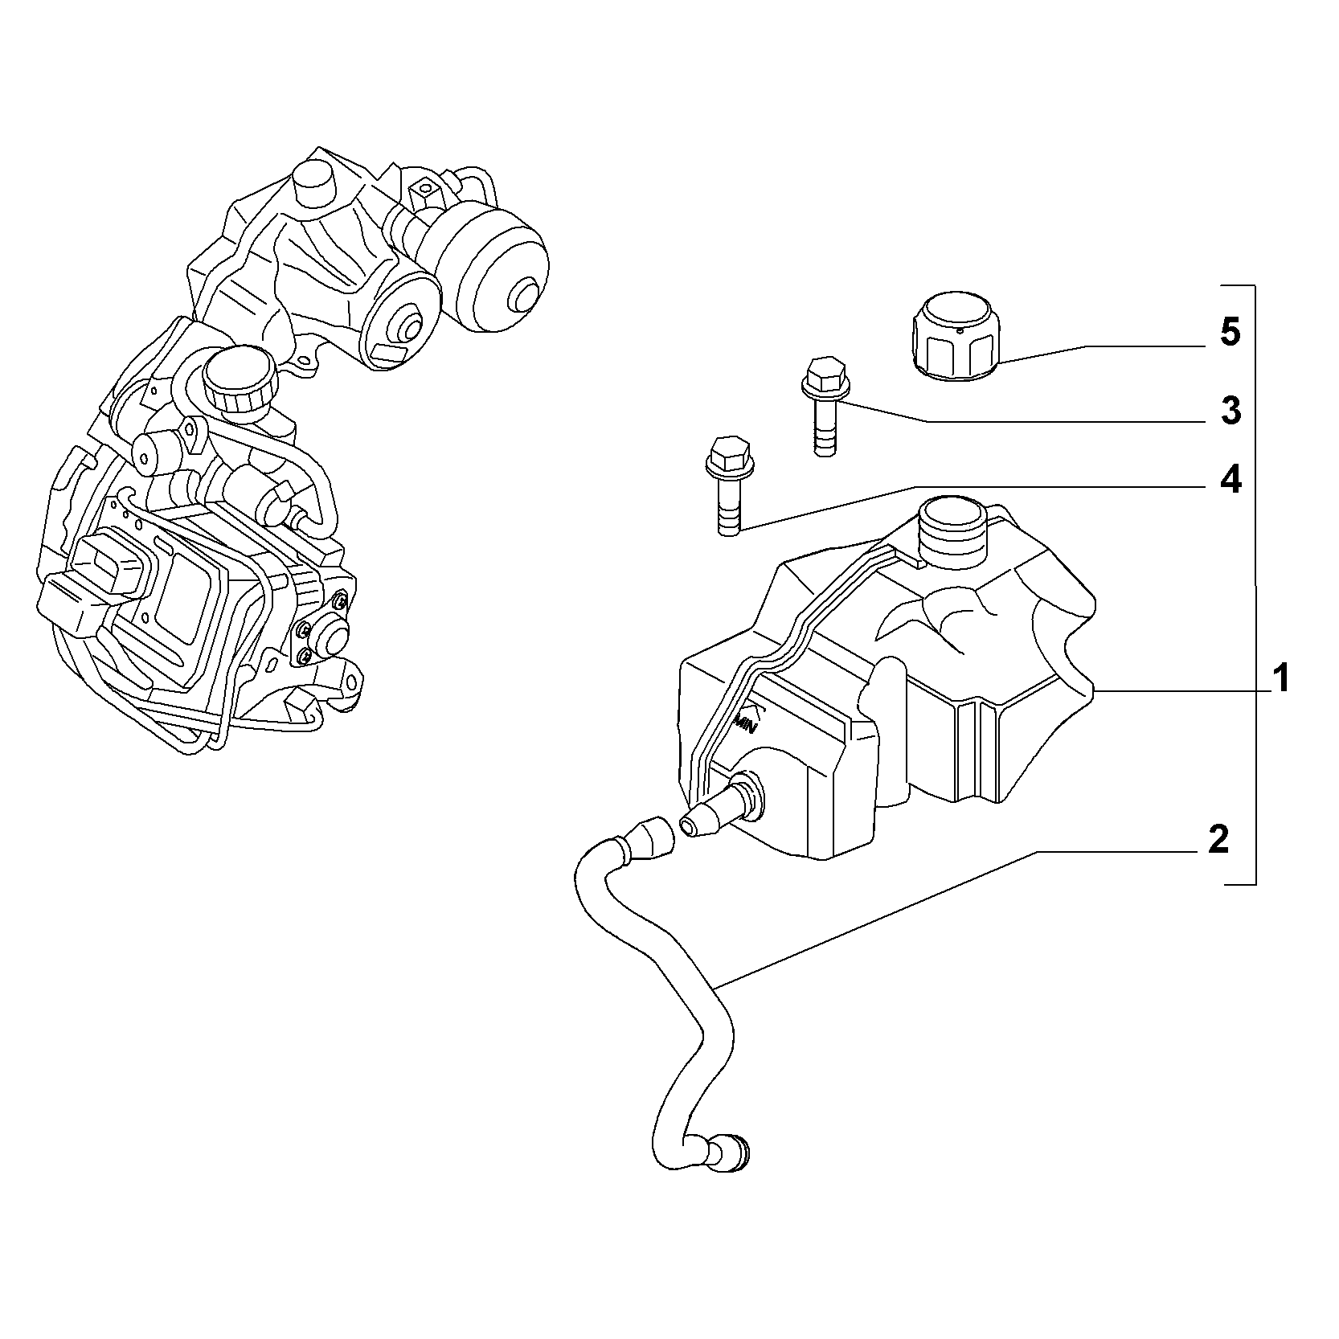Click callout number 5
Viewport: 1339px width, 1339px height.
[1230, 333]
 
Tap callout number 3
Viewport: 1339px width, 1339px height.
[1230, 411]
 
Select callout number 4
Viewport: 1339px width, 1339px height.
[1230, 480]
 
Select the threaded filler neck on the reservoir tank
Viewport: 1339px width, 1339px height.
[952, 528]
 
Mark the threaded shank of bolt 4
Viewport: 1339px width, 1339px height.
[727, 506]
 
